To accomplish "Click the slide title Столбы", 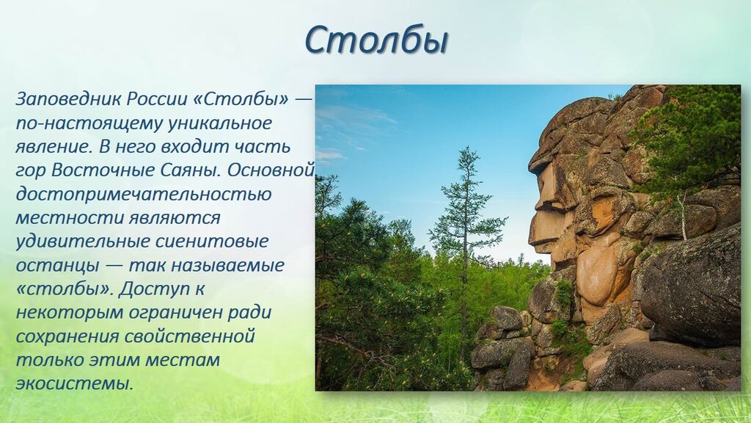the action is (376, 40).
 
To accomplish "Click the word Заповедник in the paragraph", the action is (69, 99).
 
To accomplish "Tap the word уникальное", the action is (219, 123).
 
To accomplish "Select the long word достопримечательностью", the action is (144, 194).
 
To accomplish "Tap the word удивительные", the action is (78, 242).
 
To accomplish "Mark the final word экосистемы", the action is (74, 383).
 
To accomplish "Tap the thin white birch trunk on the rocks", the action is (683, 216).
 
